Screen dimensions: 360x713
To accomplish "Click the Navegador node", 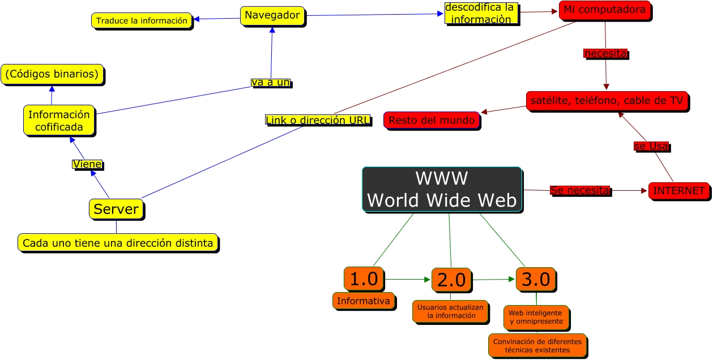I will click(x=272, y=16).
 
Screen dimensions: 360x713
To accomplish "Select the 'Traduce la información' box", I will click(x=142, y=21).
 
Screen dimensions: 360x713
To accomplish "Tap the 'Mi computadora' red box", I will click(x=604, y=10).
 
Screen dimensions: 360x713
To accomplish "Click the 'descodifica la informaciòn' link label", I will click(x=480, y=14).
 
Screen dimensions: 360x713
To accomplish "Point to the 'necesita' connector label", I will click(x=605, y=53).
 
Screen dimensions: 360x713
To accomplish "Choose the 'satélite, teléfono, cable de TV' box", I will click(x=607, y=101).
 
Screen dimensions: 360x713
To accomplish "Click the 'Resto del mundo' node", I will click(x=432, y=121).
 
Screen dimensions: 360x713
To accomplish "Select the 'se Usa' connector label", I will click(x=651, y=146).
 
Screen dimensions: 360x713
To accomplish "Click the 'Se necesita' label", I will click(x=580, y=191).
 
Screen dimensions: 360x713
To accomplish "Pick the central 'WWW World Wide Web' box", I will click(x=442, y=190).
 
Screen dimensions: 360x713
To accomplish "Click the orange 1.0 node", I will click(x=363, y=279).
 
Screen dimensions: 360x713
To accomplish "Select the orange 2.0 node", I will click(x=451, y=280).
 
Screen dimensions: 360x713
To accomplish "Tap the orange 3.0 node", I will click(x=535, y=279).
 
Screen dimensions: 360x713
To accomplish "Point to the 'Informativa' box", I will click(x=363, y=301).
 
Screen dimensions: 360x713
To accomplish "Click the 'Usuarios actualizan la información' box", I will click(x=451, y=311).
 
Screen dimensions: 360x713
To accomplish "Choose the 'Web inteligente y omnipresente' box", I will click(x=536, y=317).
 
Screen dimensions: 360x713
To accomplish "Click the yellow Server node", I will click(x=116, y=209).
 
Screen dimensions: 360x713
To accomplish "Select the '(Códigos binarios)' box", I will click(x=52, y=74).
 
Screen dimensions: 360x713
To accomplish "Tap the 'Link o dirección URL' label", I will click(x=318, y=120).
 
